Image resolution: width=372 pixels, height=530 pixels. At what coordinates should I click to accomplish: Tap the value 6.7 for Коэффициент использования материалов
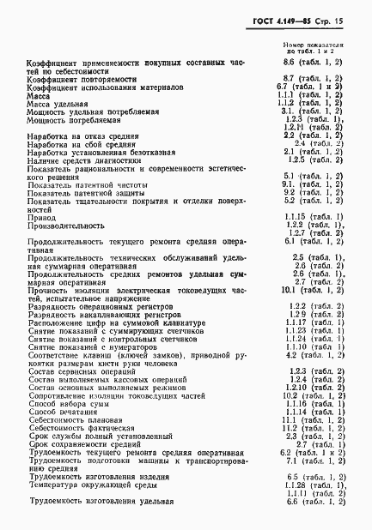pyautogui.click(x=312, y=87)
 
